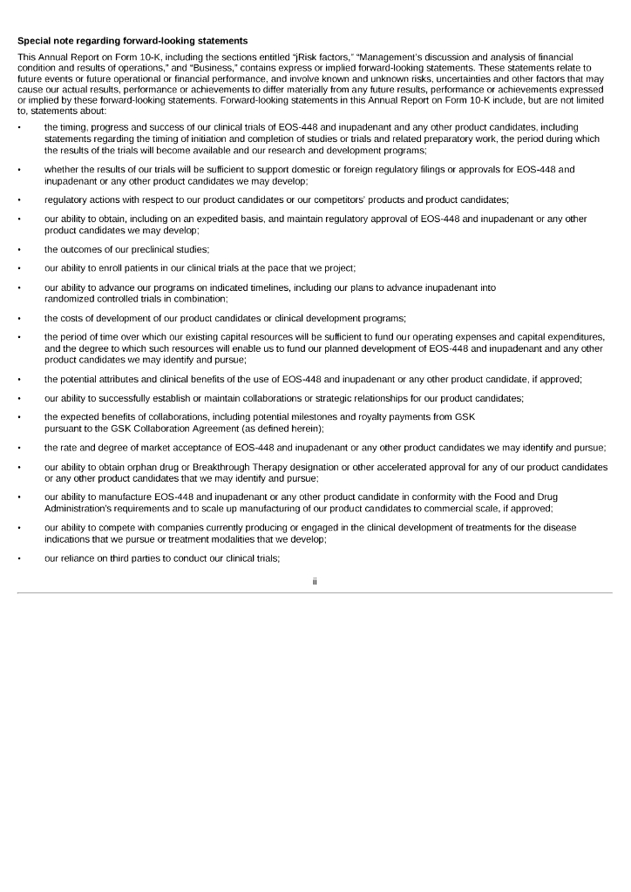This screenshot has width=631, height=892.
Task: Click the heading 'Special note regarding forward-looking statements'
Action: pyautogui.click(x=132, y=40)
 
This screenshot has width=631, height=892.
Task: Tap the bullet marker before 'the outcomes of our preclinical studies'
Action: pyautogui.click(x=19, y=249)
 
